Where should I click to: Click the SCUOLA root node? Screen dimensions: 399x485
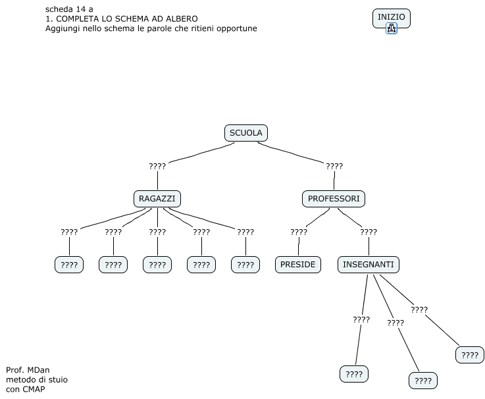click(x=245, y=133)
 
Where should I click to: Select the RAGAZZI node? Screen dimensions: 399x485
click(x=157, y=198)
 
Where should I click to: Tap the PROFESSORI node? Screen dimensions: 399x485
click(x=334, y=198)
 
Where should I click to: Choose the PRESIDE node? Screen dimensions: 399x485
click(x=297, y=265)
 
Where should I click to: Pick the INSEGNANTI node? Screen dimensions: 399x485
click(x=369, y=265)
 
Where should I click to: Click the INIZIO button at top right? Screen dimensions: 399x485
click(x=391, y=17)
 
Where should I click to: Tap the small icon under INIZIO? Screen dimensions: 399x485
click(x=391, y=28)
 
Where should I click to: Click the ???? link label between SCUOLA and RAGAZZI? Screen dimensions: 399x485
click(x=157, y=166)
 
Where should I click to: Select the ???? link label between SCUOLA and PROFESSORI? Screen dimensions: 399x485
click(x=334, y=166)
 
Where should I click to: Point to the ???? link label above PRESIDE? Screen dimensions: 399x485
click(x=299, y=232)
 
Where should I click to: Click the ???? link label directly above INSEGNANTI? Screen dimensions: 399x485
click(x=369, y=232)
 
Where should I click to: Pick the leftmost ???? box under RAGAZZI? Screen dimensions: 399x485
click(x=69, y=265)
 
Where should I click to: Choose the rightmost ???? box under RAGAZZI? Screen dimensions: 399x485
click(x=245, y=265)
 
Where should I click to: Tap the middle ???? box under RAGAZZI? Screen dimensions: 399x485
click(x=157, y=265)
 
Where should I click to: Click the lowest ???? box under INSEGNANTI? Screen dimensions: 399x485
click(x=423, y=381)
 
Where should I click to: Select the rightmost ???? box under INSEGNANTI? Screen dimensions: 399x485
click(x=470, y=355)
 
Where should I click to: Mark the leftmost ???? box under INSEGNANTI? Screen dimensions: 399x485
click(x=354, y=375)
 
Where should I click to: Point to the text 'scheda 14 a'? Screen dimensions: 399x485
click(x=69, y=9)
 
